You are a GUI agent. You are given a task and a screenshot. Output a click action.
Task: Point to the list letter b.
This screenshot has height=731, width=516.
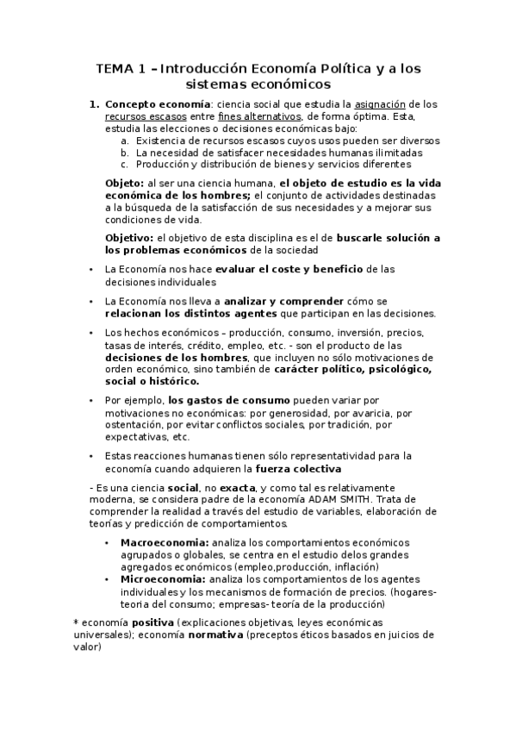pos(126,152)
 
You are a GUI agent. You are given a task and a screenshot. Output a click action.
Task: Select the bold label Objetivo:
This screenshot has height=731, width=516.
pos(128,237)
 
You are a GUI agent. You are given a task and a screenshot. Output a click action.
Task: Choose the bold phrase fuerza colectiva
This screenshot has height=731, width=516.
pos(303,469)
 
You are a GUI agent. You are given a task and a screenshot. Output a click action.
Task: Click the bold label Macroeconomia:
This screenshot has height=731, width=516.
pos(165,542)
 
